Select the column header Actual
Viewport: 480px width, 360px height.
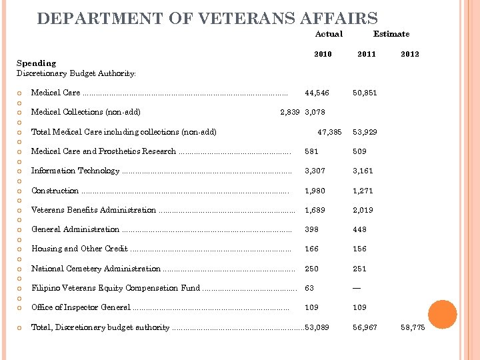click(329, 34)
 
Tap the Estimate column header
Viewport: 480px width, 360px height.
click(391, 34)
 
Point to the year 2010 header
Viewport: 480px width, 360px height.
click(323, 54)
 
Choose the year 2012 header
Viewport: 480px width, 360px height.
click(410, 54)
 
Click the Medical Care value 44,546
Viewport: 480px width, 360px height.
click(317, 93)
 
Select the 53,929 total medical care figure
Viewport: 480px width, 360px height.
click(365, 132)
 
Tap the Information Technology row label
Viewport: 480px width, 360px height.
click(75, 171)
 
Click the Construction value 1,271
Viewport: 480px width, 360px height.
click(364, 191)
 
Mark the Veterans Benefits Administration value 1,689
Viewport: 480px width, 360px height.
click(315, 210)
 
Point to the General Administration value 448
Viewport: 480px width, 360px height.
click(361, 229)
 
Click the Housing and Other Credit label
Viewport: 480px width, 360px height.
click(79, 249)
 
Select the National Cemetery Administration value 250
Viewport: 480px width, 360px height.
click(311, 269)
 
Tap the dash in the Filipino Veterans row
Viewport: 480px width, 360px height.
click(357, 288)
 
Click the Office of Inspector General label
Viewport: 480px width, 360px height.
click(81, 307)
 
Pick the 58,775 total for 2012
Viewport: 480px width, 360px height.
click(413, 327)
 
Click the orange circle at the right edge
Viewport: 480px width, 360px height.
click(442, 315)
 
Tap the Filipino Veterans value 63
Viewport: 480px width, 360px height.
click(309, 288)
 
